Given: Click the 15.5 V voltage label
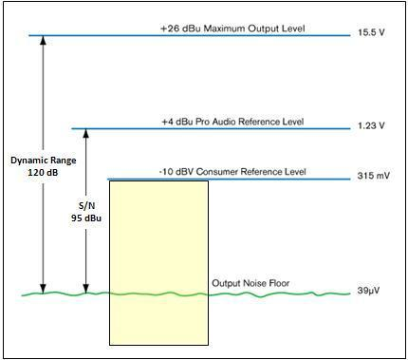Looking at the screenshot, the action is point(371,32).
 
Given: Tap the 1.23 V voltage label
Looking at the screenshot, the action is point(371,125).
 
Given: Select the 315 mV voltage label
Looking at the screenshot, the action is point(374,175).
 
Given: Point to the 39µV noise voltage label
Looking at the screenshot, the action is point(368,290).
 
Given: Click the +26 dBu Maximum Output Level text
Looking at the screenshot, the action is point(232,28).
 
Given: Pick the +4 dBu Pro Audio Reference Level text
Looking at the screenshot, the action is point(232,122).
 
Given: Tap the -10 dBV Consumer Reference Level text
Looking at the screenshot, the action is point(232,172).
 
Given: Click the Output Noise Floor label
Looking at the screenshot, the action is point(250,283).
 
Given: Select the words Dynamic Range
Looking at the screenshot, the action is point(44,161).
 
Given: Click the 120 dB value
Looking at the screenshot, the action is point(43,173).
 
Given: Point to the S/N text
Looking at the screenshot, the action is point(86,206).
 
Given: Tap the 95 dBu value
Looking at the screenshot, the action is point(86,218).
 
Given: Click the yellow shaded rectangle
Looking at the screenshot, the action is point(158,263).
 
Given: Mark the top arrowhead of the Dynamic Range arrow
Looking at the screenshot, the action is point(43,37).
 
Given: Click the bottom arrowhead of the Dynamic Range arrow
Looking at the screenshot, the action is point(43,292).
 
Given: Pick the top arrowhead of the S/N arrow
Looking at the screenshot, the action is point(86,130).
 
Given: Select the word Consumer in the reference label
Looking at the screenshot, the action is point(217,172).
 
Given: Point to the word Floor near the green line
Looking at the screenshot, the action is point(279,283).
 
